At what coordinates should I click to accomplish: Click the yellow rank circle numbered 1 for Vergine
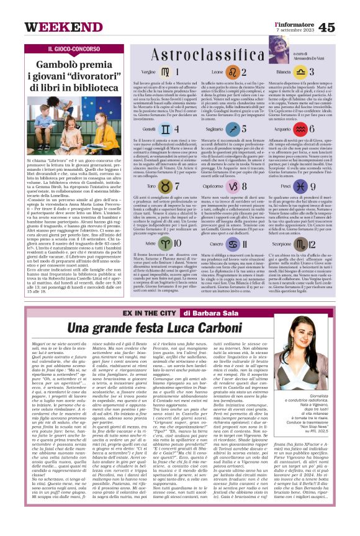pos(169,72)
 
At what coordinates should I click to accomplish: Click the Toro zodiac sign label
pos(150,185)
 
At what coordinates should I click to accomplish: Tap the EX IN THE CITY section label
pos(155,312)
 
